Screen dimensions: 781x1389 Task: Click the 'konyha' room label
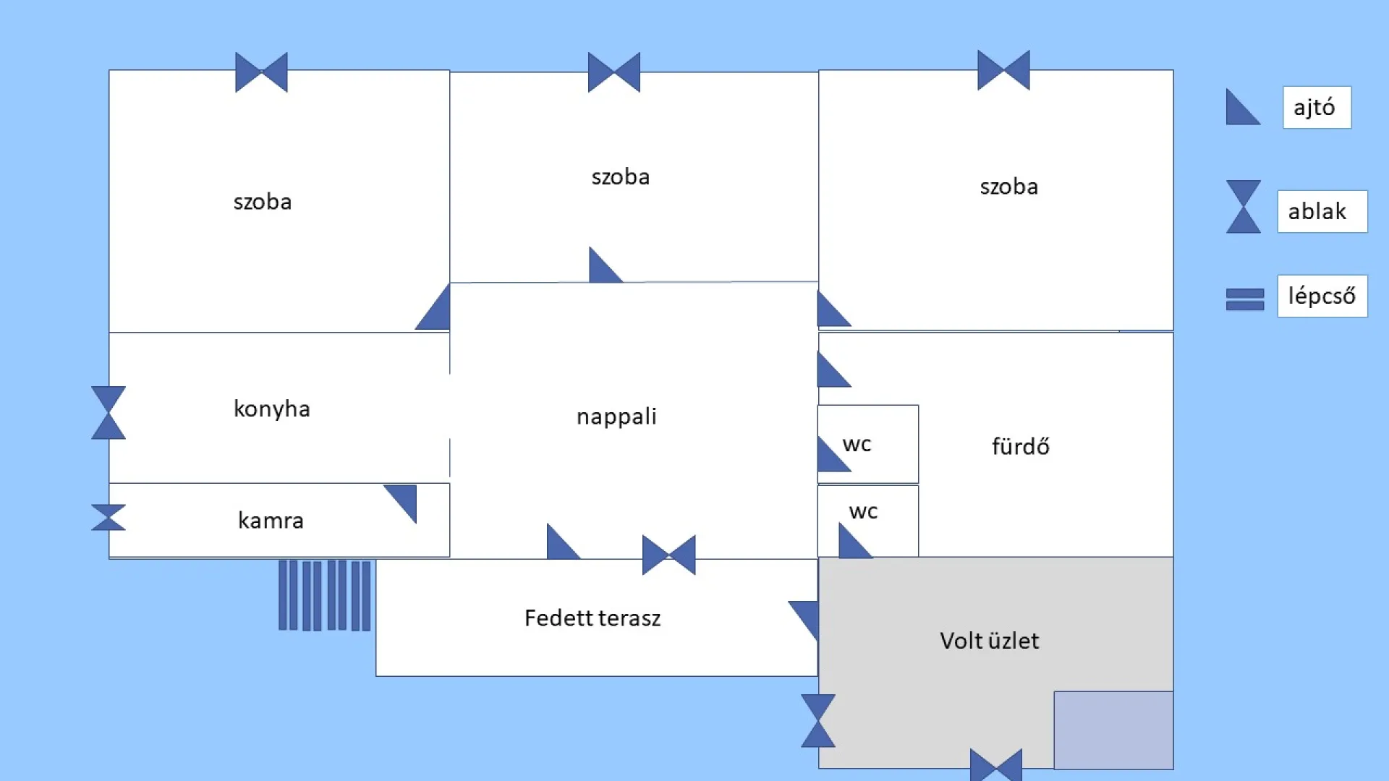271,409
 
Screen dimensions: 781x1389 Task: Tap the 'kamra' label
271,521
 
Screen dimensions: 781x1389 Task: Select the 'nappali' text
616,417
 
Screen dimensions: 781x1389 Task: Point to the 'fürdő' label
1020,446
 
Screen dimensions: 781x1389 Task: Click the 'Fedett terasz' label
592,618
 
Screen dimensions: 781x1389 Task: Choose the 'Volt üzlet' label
989,641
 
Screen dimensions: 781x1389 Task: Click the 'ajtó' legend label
1316,108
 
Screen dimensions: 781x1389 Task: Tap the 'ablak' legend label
1321,211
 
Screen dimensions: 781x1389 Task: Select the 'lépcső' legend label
1322,296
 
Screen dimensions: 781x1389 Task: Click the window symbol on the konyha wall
109,413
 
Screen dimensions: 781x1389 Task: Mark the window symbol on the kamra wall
109,517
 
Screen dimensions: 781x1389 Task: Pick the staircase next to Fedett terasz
325,595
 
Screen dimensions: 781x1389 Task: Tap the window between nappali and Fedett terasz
669,555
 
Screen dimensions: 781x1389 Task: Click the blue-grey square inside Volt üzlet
1113,730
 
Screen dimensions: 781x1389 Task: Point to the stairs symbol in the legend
1245,299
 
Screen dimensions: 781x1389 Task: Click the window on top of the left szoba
261,72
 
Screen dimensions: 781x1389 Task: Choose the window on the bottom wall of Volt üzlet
996,765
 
